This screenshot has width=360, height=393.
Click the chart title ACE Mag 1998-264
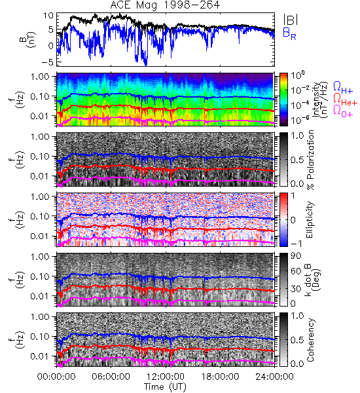pyautogui.click(x=165, y=5)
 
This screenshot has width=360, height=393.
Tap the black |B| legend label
pyautogui.click(x=291, y=20)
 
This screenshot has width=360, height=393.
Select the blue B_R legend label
pyautogui.click(x=289, y=33)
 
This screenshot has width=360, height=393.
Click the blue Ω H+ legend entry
pyautogui.click(x=343, y=88)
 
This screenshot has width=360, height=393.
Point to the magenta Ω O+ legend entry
pyautogui.click(x=343, y=111)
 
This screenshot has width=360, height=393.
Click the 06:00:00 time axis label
pyautogui.click(x=111, y=377)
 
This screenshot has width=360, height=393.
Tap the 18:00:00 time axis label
pyautogui.click(x=220, y=377)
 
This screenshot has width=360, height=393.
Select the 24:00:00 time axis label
pyautogui.click(x=274, y=377)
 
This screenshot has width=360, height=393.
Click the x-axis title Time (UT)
pyautogui.click(x=165, y=386)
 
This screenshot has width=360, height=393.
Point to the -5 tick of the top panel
pyautogui.click(x=48, y=62)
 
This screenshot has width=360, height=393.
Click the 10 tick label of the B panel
pyautogui.click(x=48, y=16)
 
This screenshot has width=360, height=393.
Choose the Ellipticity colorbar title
pyautogui.click(x=310, y=219)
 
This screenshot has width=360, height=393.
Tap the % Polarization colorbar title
pyautogui.click(x=310, y=160)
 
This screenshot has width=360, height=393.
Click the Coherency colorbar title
pyautogui.click(x=310, y=340)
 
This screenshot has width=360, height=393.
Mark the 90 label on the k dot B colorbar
pyautogui.click(x=296, y=255)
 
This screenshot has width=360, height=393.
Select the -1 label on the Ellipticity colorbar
pyautogui.click(x=296, y=244)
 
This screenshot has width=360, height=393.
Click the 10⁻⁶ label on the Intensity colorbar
pyautogui.click(x=297, y=120)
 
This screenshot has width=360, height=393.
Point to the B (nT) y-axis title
pyautogui.click(x=27, y=39)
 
